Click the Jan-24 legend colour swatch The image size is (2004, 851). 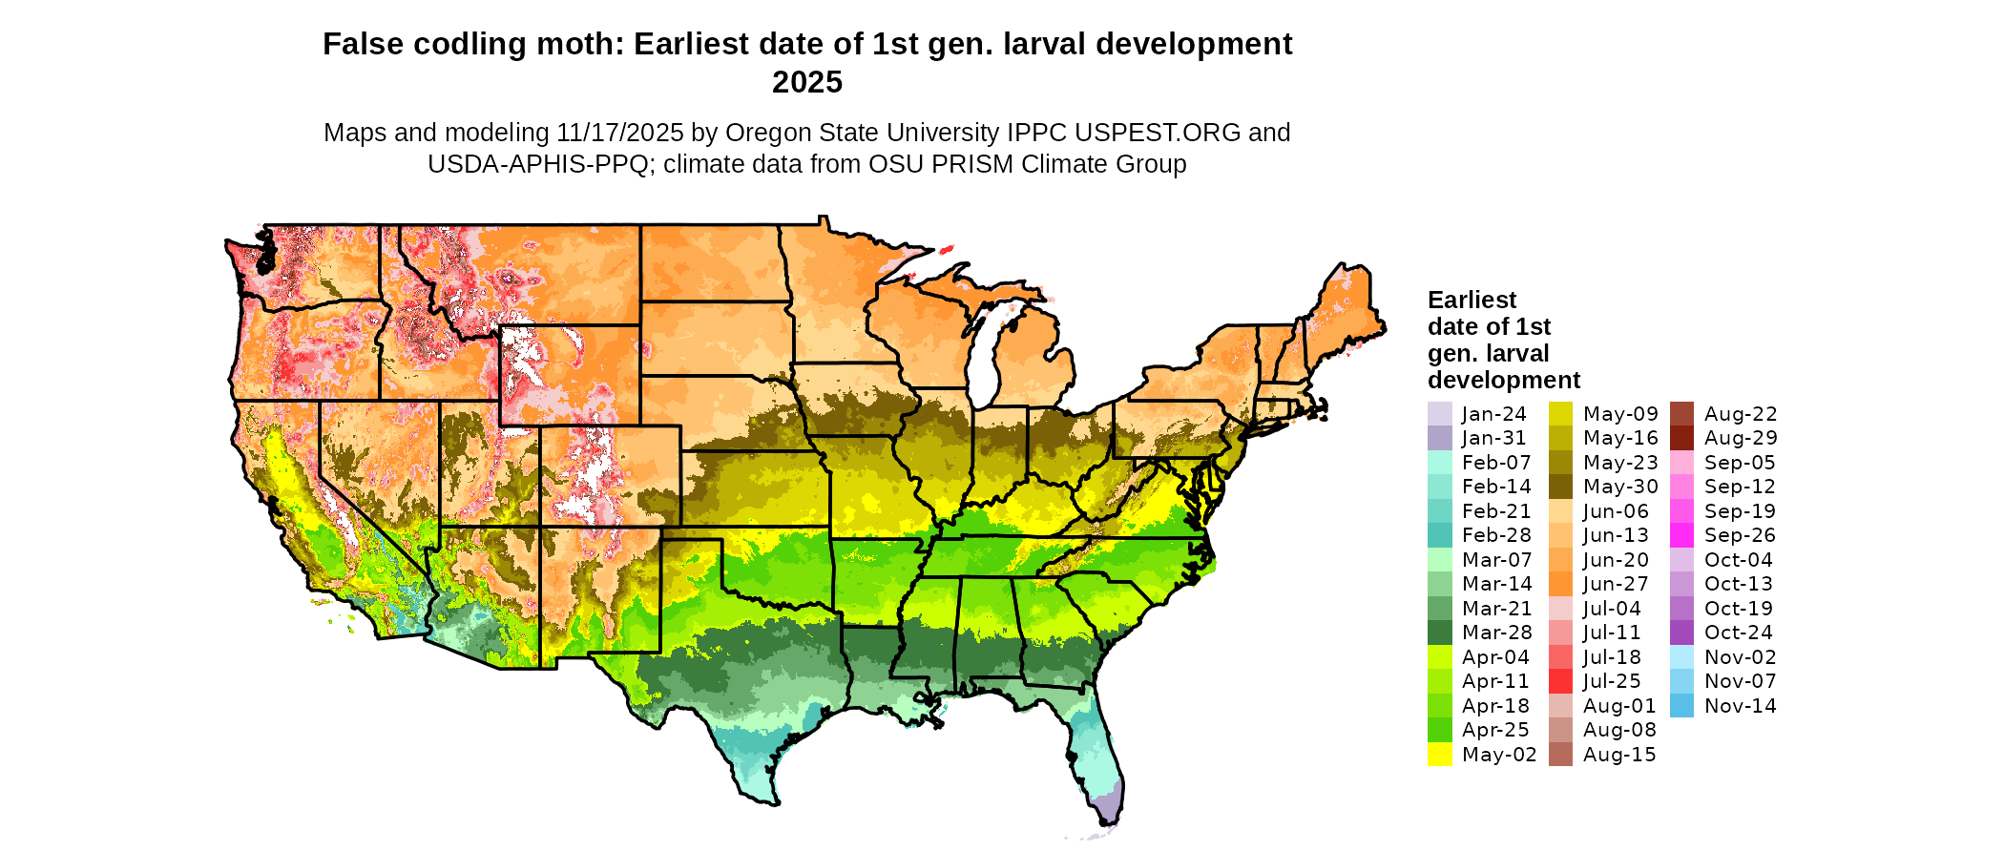(x=1439, y=414)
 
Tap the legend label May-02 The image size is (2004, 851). (x=1499, y=755)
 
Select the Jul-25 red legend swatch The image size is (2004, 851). (x=1560, y=681)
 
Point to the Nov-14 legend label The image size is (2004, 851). (x=1741, y=706)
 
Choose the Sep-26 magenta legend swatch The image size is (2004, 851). (x=1682, y=535)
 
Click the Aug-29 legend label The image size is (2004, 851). (x=1741, y=438)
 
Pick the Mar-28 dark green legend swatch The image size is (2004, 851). (x=1439, y=633)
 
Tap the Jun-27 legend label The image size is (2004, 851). (x=1616, y=584)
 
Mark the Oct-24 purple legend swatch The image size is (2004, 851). (x=1682, y=633)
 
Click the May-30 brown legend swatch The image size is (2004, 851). (x=1560, y=487)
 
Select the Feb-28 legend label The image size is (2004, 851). (x=1496, y=535)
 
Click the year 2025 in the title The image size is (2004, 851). (x=807, y=82)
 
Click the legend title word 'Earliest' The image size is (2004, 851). (x=1472, y=300)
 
